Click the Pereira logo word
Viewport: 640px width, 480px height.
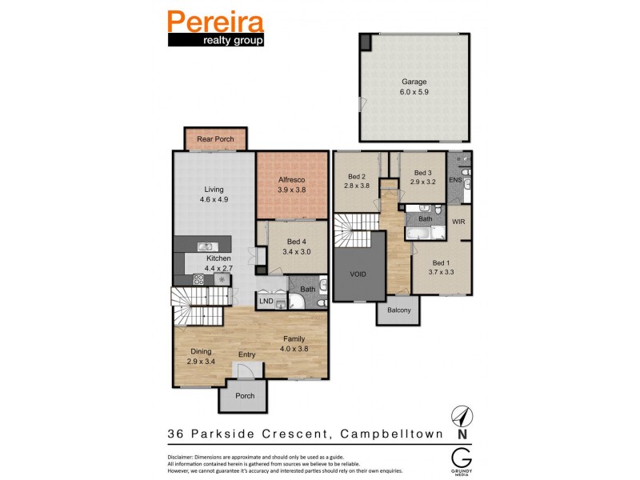[215, 21]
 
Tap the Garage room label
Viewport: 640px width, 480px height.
[414, 82]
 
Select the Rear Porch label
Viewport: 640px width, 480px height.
[215, 139]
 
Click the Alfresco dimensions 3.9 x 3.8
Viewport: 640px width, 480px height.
[292, 190]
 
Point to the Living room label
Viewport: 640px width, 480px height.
[214, 189]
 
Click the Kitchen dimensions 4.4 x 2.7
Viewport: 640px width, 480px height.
[218, 270]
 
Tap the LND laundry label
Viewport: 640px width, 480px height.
[266, 302]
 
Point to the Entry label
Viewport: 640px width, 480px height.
[247, 355]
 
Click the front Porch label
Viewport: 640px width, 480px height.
[245, 395]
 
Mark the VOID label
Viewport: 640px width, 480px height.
[358, 274]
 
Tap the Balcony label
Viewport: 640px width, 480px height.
[398, 310]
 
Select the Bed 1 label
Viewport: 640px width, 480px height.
[441, 262]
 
